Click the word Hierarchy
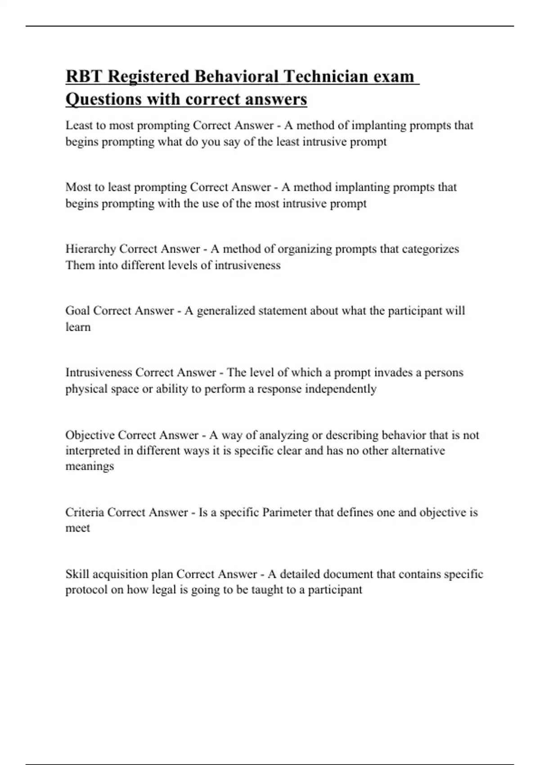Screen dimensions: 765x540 tap(90, 249)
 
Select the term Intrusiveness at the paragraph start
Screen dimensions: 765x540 tap(99, 373)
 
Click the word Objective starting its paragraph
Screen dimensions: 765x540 tap(90, 435)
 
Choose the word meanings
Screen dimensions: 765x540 tap(90, 466)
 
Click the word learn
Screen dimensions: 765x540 tap(78, 327)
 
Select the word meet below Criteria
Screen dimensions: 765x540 tap(77, 528)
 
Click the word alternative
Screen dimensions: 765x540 tap(418, 451)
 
